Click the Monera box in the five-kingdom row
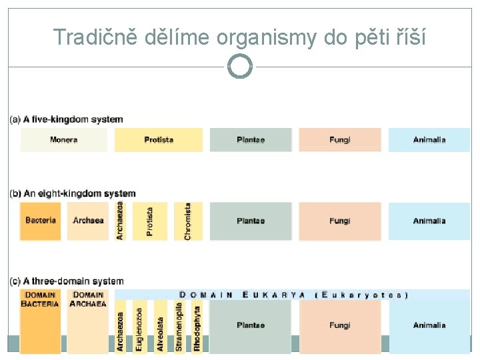[x=63, y=140]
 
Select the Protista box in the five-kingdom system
[x=159, y=140]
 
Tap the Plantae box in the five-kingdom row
[x=251, y=140]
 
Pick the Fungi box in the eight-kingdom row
[x=339, y=221]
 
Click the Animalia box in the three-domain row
[x=429, y=325]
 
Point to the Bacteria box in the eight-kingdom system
[x=41, y=221]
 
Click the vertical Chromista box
[x=188, y=221]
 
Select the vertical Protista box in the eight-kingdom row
[x=149, y=221]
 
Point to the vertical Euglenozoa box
[x=139, y=327]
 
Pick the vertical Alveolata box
[x=160, y=327]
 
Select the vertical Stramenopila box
[x=179, y=327]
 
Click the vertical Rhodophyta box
[x=197, y=327]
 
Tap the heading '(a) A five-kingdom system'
[x=66, y=120]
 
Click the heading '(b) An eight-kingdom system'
[x=72, y=194]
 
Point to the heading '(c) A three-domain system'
[x=66, y=282]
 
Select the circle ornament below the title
[x=240, y=66]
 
